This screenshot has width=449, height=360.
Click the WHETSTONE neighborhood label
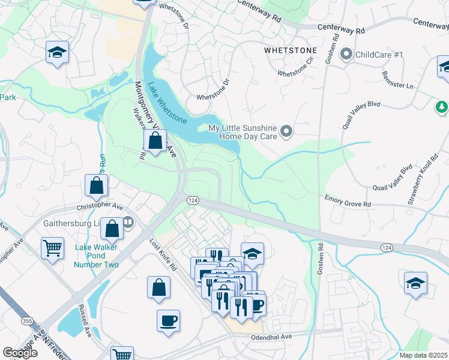click(291, 52)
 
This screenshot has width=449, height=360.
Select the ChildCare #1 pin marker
click(346, 55)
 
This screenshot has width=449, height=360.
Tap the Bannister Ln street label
click(398, 78)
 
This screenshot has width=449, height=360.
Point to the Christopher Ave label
click(99, 205)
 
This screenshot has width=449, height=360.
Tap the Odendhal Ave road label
click(271, 337)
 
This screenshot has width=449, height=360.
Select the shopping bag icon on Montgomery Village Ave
click(155, 142)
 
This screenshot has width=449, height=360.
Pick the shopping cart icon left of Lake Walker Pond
click(52, 248)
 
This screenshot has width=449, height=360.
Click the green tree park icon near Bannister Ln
click(442, 107)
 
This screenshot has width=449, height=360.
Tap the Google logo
click(20, 353)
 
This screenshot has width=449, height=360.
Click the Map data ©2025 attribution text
click(423, 355)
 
